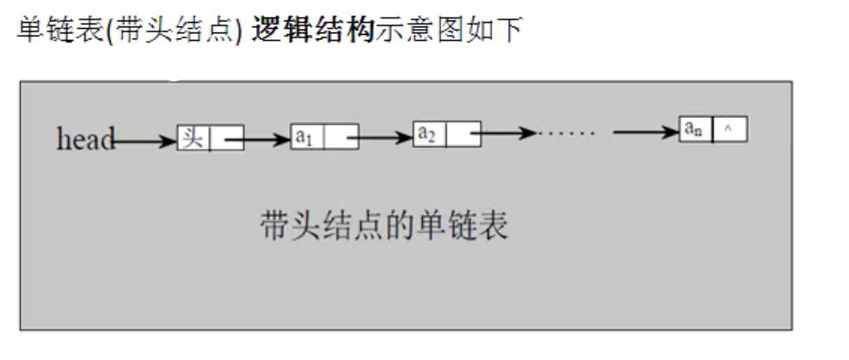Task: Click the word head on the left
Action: (84, 139)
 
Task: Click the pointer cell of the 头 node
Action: (227, 138)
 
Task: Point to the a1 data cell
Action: (307, 137)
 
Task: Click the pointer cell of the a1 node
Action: (341, 137)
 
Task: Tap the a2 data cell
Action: (429, 134)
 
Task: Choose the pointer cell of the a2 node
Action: (464, 134)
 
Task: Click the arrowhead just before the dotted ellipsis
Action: (527, 133)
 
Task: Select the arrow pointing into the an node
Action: (645, 132)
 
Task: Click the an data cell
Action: (695, 129)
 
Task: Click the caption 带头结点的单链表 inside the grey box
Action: (384, 225)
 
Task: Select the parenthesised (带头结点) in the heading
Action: (177, 31)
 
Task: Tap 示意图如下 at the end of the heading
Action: (448, 31)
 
